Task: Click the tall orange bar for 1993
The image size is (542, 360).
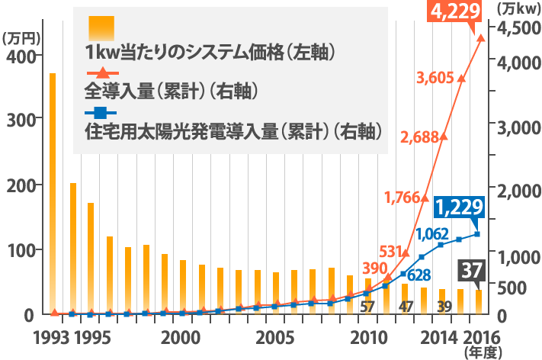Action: (x=53, y=194)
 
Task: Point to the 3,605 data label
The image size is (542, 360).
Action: (x=436, y=77)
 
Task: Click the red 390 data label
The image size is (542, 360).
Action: (x=374, y=268)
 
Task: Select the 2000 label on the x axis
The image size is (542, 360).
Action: (x=181, y=337)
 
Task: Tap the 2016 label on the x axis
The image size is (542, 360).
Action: (x=476, y=337)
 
